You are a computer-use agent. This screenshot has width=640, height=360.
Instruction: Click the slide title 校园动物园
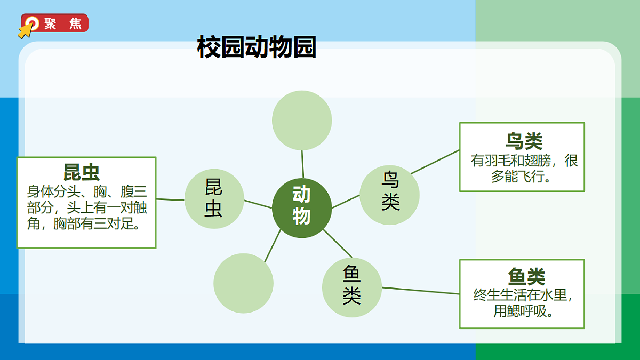[257, 47]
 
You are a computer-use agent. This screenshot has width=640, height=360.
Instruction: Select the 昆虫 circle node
[214, 199]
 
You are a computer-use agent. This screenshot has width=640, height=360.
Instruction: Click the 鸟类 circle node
[389, 195]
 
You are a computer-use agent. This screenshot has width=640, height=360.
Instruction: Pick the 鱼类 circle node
[352, 287]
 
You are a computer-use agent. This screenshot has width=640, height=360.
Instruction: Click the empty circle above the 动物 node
[302, 120]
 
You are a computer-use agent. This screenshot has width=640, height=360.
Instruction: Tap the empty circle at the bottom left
[243, 283]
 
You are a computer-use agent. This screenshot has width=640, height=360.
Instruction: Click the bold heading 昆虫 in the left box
[82, 172]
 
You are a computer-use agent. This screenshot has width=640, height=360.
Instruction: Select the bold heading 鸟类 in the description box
[524, 141]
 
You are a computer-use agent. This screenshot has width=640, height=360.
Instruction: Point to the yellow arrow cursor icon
[25, 31]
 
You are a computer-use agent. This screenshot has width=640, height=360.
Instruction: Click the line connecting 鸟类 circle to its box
[435, 162]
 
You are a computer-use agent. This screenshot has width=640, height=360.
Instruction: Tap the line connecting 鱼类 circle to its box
[421, 291]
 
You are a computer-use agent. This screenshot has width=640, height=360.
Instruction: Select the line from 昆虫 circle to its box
[170, 199]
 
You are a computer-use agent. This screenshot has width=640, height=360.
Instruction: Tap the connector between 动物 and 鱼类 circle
[338, 244]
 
